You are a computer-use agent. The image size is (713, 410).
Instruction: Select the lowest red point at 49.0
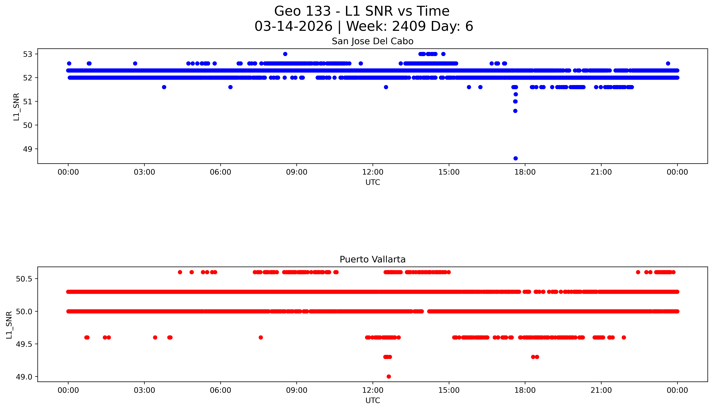[x=389, y=376]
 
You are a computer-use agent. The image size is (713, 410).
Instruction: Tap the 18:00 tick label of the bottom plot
[x=525, y=390]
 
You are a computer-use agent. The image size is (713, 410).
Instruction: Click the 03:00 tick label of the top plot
[x=144, y=172]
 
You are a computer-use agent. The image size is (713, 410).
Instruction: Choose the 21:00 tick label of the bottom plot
[x=601, y=390]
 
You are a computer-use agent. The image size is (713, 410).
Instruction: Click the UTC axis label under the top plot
[x=373, y=182]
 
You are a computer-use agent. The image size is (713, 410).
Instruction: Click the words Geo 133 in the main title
[x=302, y=11]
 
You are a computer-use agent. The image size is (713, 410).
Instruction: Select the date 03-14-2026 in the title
[x=293, y=26]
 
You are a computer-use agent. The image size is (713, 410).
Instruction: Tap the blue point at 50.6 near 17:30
[x=515, y=111]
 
